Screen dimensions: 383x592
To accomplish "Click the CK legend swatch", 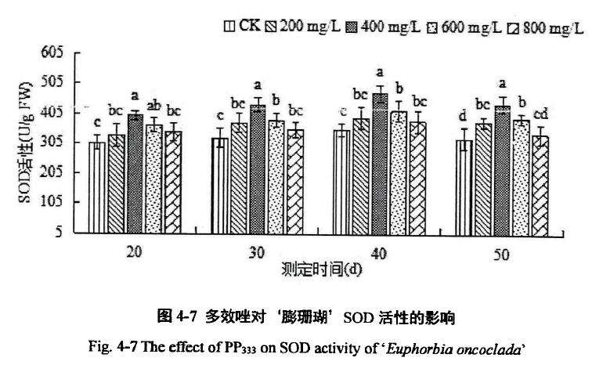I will tap(229, 27).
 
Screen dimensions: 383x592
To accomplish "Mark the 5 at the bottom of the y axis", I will tap(60, 232).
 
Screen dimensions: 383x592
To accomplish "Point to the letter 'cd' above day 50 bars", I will tap(540, 118).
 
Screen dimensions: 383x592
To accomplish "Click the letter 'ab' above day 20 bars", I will tap(154, 107).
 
